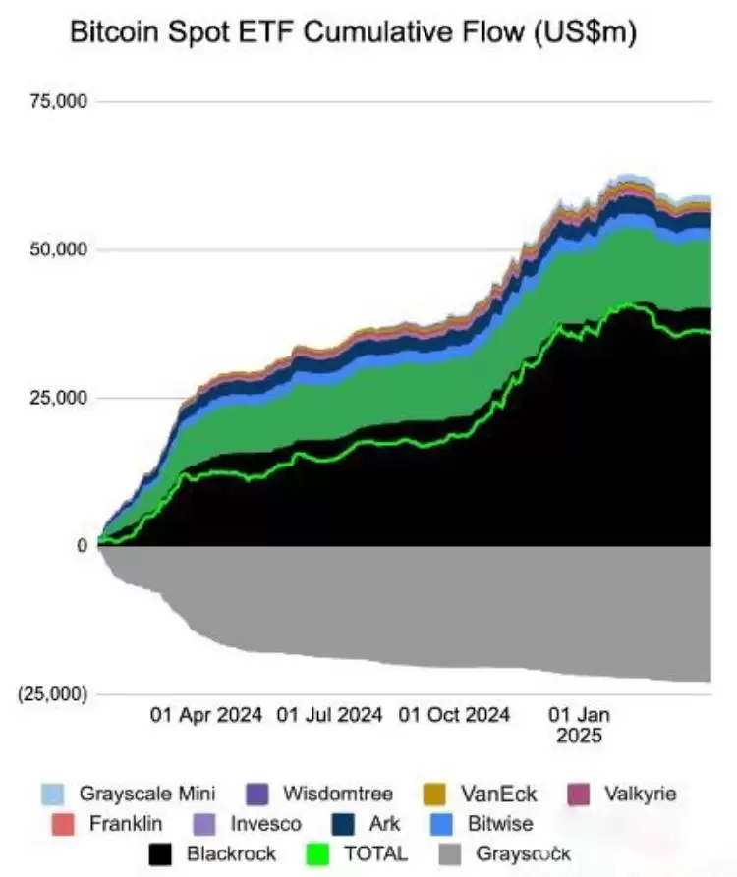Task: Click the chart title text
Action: coord(353,33)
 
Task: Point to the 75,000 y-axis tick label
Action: coord(61,101)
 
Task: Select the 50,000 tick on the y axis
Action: coord(61,249)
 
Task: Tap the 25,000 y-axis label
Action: coord(61,398)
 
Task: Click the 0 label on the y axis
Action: coord(83,546)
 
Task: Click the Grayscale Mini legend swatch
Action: coord(53,794)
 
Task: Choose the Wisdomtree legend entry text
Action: coord(338,794)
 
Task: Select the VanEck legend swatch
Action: coord(434,794)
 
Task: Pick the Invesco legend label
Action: coord(265,824)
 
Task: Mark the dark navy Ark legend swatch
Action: coord(344,824)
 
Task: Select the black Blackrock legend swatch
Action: coord(161,854)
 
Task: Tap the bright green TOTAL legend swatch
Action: coord(319,854)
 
